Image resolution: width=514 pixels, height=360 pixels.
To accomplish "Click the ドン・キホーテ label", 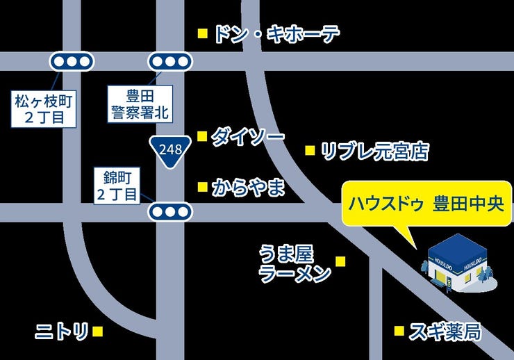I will pyautogui.click(x=276, y=33).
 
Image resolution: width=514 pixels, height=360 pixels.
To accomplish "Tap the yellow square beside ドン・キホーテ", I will pyautogui.click(x=203, y=33).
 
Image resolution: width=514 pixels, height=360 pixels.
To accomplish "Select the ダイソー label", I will pyautogui.click(x=247, y=137).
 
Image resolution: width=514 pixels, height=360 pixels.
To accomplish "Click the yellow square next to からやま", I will pyautogui.click(x=203, y=187).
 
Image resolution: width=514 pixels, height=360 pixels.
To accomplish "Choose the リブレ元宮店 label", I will pyautogui.click(x=375, y=151).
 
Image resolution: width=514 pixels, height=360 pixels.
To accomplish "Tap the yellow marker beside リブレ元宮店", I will pyautogui.click(x=310, y=150).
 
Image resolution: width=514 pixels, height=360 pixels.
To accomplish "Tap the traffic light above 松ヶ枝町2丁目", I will pyautogui.click(x=71, y=61).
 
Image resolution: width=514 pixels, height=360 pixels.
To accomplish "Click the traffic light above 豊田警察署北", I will pyautogui.click(x=169, y=61).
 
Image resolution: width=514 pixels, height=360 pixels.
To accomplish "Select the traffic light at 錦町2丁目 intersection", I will pyautogui.click(x=169, y=212).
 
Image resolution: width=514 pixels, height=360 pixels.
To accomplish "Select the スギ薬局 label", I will pyautogui.click(x=445, y=332).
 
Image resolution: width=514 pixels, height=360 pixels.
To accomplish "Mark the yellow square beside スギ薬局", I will pyautogui.click(x=399, y=331).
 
